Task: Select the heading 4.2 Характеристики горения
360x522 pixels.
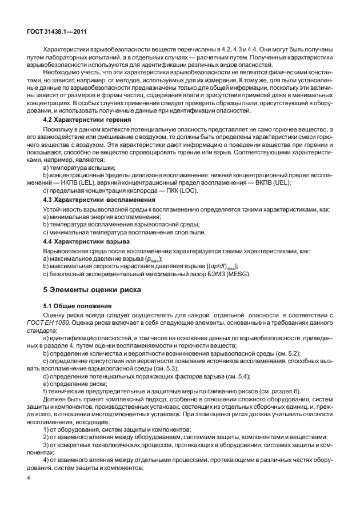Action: (87, 120)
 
